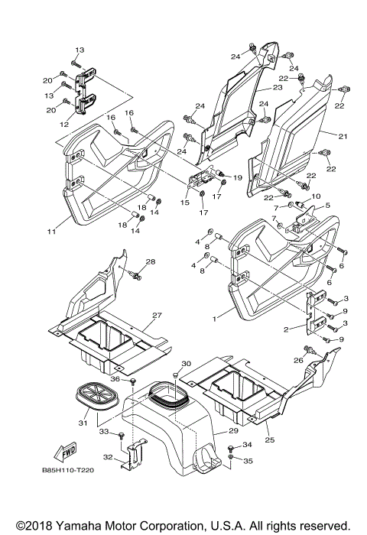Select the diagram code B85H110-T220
click(x=68, y=470)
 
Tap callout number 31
click(x=83, y=423)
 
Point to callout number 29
click(x=233, y=431)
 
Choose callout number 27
click(x=157, y=315)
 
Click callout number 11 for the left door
click(x=51, y=232)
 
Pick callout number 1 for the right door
click(x=214, y=319)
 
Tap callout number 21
click(x=343, y=137)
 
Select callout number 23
click(x=278, y=88)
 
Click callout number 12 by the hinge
click(x=64, y=125)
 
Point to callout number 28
click(x=150, y=261)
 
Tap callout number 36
click(x=115, y=379)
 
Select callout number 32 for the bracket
click(x=108, y=457)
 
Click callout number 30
click(x=186, y=364)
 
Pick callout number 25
click(x=270, y=440)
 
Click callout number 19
click(x=237, y=177)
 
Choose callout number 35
click(x=248, y=461)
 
